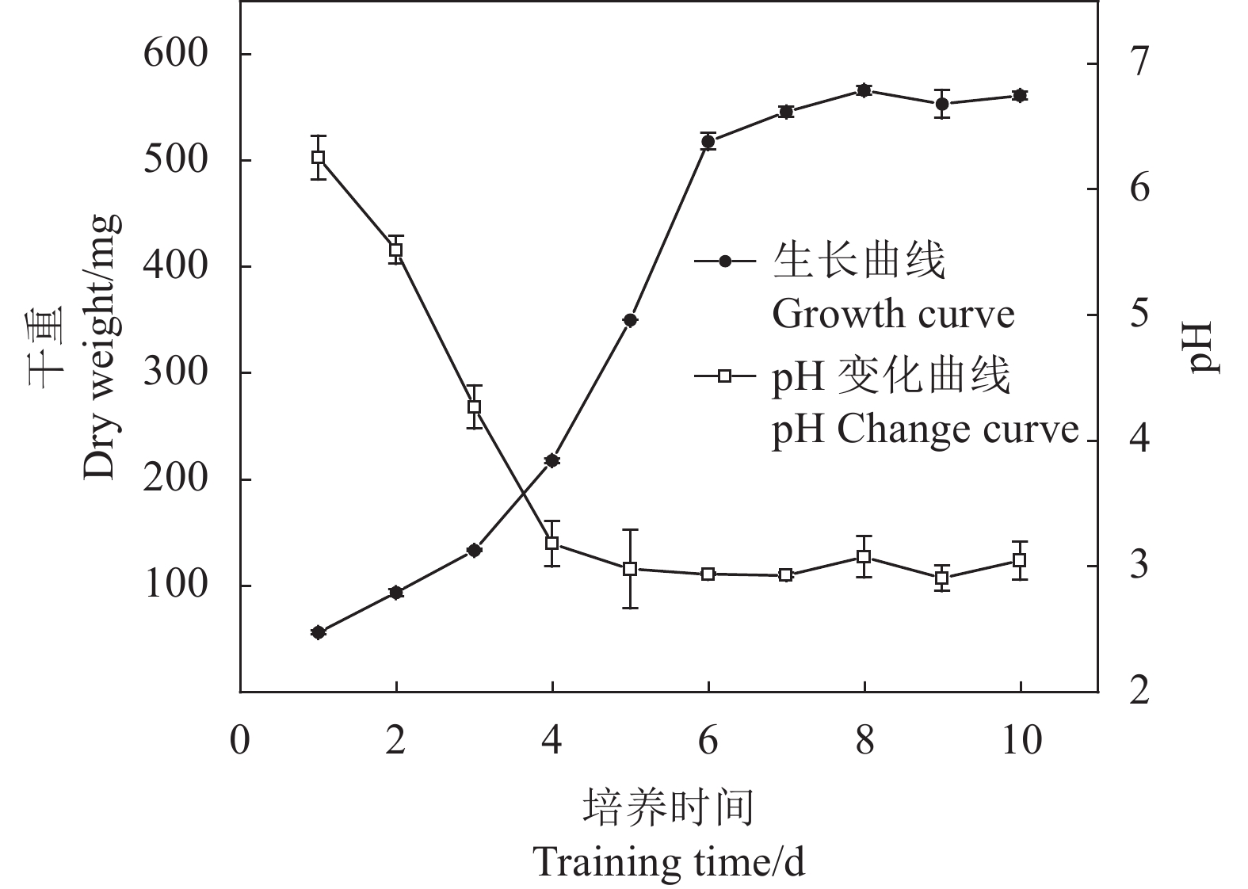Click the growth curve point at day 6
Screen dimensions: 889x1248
708,142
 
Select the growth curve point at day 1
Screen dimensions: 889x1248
318,632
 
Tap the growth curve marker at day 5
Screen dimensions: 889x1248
630,320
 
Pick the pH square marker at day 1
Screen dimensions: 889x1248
318,157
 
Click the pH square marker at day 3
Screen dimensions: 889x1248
474,407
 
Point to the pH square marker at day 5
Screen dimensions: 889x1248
630,569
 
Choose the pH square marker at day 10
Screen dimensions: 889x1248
1020,560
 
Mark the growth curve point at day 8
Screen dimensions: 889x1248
864,90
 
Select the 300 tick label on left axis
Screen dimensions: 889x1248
175,372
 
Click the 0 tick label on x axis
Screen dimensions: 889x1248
240,742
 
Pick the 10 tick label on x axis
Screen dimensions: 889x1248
1020,742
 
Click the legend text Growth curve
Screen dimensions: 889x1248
893,315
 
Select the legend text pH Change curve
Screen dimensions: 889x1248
926,430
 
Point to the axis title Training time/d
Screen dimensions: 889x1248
670,862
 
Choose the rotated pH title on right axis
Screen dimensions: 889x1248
1202,347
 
